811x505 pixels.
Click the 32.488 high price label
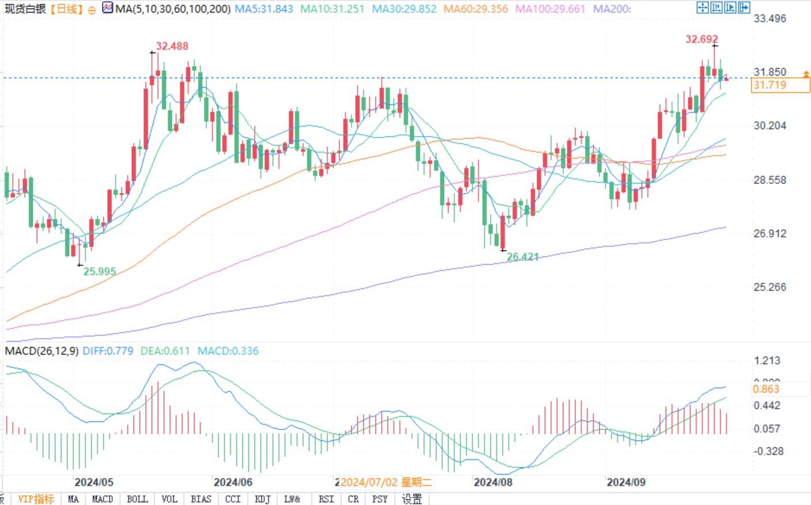click(x=172, y=46)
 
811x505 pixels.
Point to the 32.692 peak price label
click(x=702, y=39)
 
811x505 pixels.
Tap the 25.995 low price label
click(x=100, y=271)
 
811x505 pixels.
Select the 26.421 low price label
click(x=522, y=257)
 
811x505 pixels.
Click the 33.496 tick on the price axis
click(x=770, y=18)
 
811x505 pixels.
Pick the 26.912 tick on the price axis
click(x=770, y=233)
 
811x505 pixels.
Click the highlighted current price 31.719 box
click(x=780, y=85)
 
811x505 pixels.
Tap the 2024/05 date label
click(x=94, y=482)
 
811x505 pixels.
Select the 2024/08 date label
click(x=493, y=482)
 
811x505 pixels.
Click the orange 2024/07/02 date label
click(x=385, y=482)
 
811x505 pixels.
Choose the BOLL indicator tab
click(x=137, y=499)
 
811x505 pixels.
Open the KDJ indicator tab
click(x=263, y=499)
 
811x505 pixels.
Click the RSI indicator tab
click(x=326, y=499)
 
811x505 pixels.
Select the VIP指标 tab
click(x=36, y=499)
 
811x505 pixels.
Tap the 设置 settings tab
click(x=412, y=499)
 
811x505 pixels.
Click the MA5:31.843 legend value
click(x=263, y=9)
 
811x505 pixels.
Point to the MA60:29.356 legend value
click(x=476, y=9)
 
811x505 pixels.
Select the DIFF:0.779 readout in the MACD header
click(x=108, y=351)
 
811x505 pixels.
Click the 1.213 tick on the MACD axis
click(x=767, y=360)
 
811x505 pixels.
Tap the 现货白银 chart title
click(x=25, y=9)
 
